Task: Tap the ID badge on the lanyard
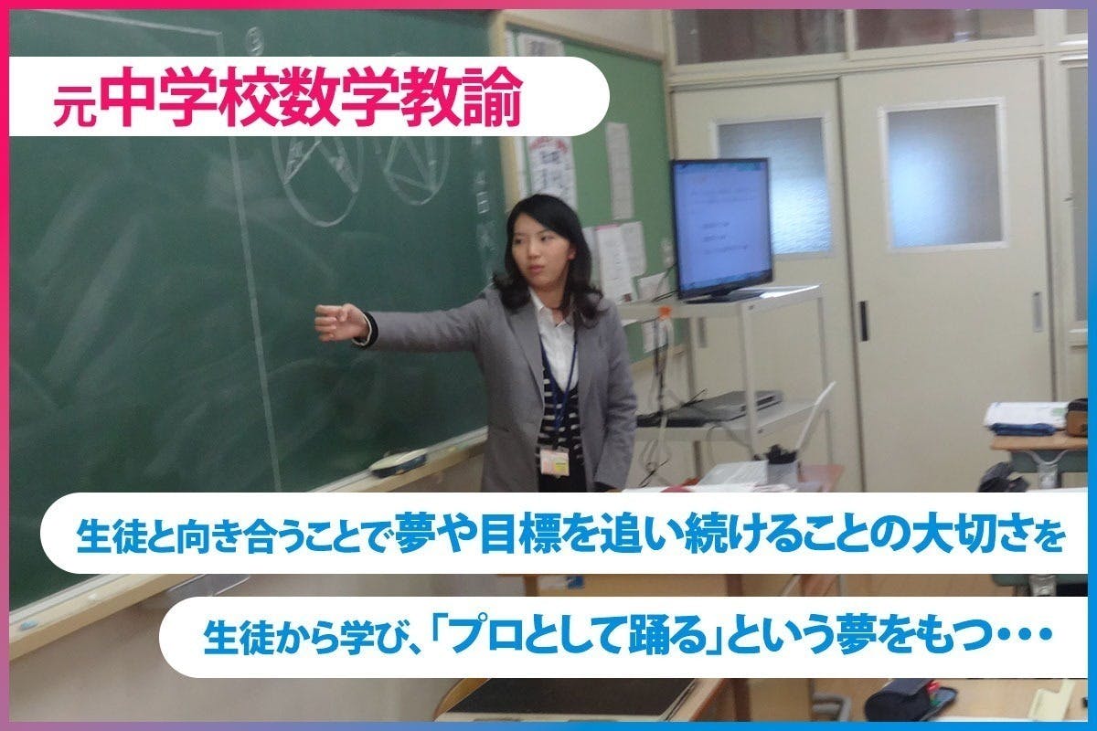(x=554, y=461)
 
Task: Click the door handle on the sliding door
(x=863, y=320)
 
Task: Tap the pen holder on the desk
(x=781, y=467)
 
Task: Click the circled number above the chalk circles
(x=254, y=37)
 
